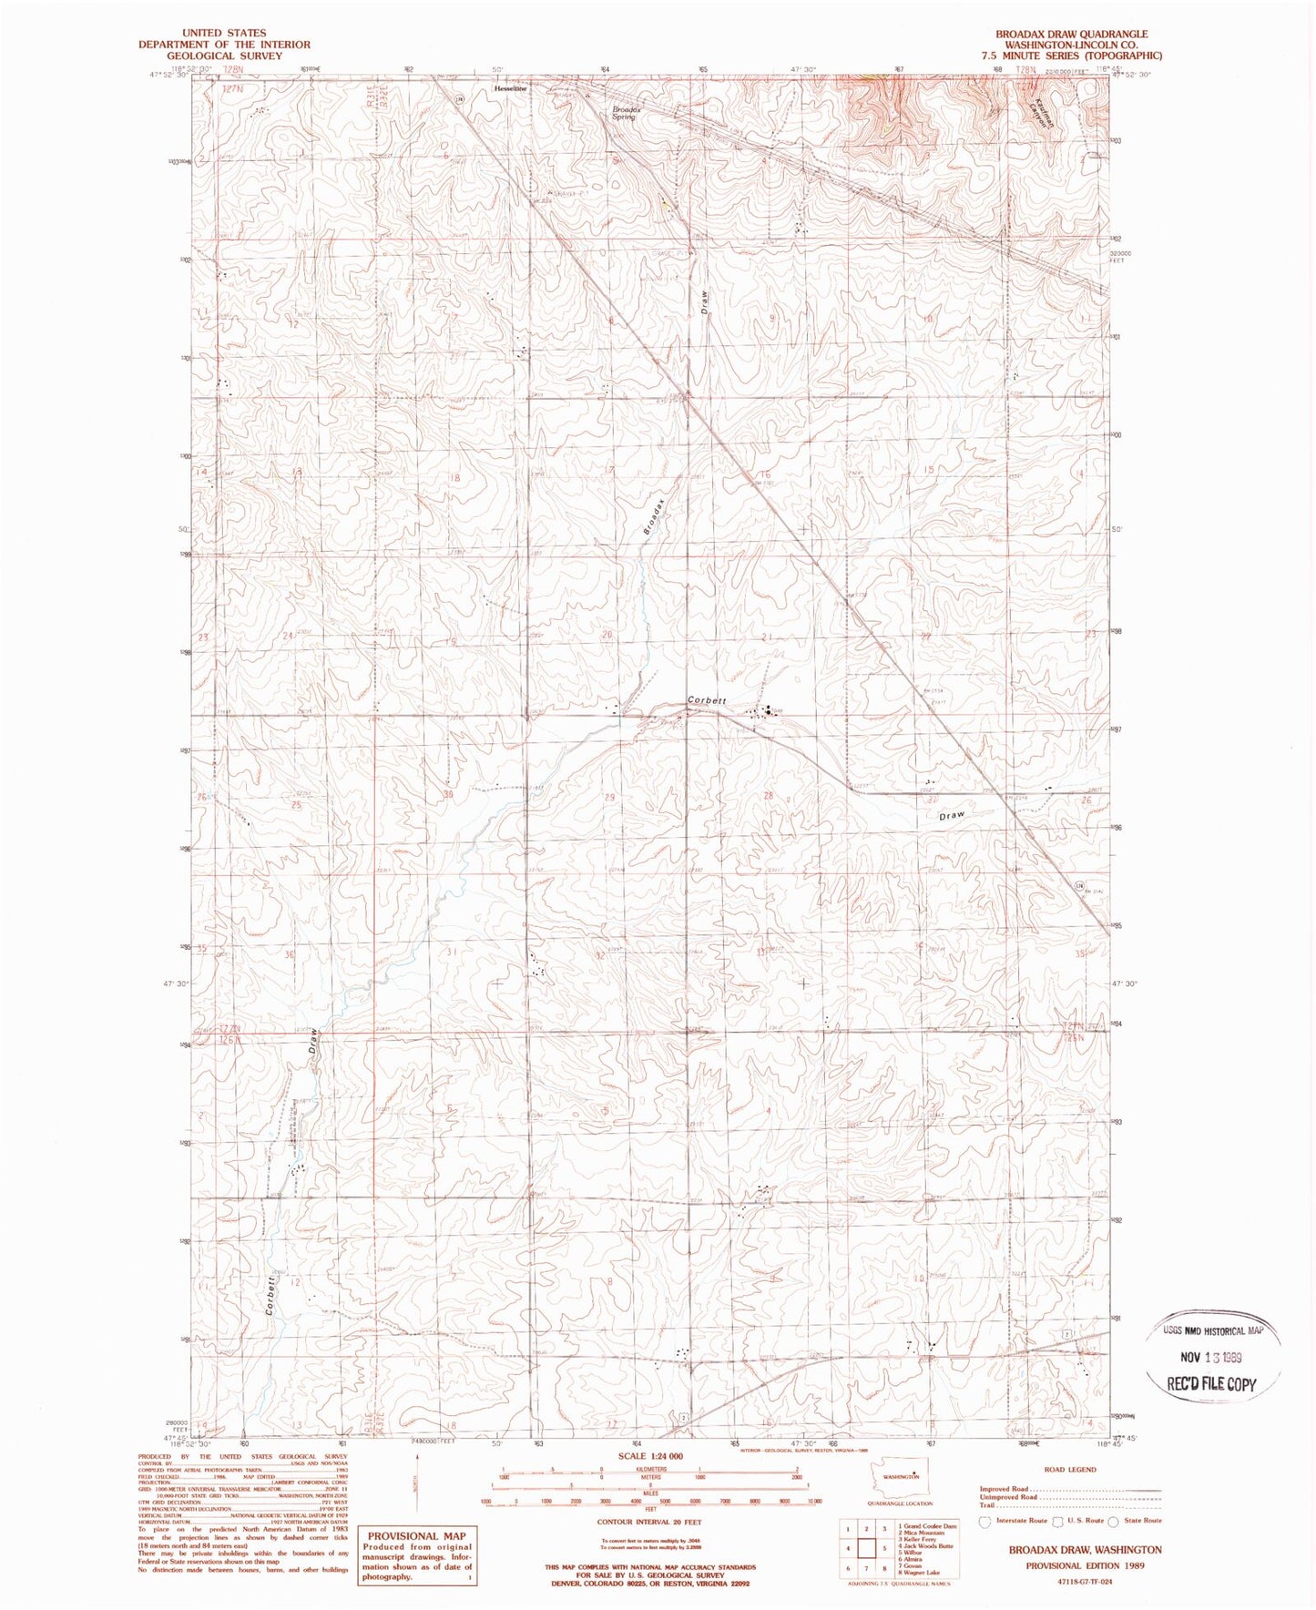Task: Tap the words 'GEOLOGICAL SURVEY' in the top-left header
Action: [224, 56]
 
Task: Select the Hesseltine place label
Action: [510, 89]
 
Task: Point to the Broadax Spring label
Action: [627, 113]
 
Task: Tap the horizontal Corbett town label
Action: [707, 699]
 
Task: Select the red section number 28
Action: [768, 796]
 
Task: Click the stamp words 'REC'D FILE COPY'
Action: [1211, 1384]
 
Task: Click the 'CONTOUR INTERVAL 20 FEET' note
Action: [649, 1521]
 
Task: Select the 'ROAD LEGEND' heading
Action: [1070, 1470]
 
